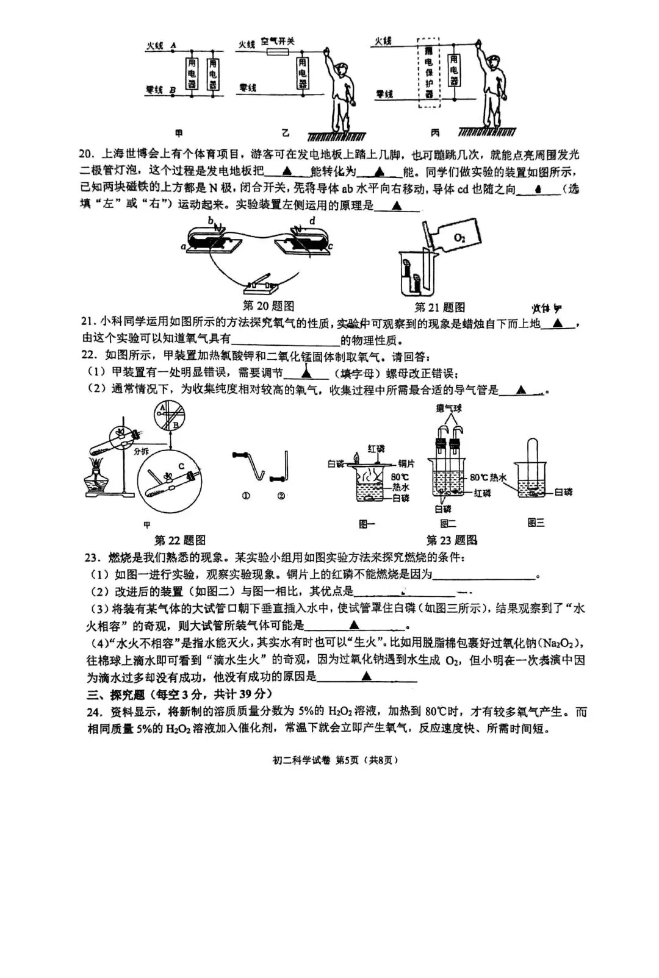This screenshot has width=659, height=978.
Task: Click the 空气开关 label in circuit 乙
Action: click(x=278, y=41)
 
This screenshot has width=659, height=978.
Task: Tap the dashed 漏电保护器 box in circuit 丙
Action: click(x=428, y=72)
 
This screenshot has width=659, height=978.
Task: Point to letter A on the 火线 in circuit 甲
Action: click(x=173, y=45)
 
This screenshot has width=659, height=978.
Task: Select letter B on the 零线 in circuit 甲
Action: click(x=173, y=90)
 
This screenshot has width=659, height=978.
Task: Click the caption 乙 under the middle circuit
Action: click(x=285, y=133)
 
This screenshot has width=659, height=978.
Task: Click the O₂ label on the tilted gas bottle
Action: click(x=459, y=238)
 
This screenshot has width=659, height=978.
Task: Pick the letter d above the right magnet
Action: click(x=312, y=221)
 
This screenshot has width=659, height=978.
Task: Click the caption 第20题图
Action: click(x=268, y=305)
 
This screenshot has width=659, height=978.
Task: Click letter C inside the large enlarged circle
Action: click(x=181, y=466)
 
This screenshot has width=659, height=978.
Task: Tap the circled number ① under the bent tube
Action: click(x=246, y=496)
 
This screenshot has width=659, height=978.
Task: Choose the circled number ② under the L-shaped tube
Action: click(x=281, y=496)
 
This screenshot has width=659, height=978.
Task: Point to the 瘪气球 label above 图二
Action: click(x=448, y=408)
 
